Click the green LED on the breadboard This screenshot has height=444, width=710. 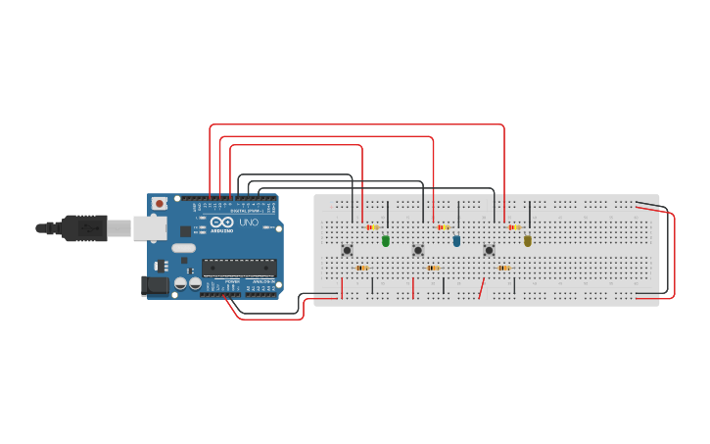coord(385,240)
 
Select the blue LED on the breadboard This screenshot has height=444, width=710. coord(456,240)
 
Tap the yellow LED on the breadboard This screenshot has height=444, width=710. coord(528,240)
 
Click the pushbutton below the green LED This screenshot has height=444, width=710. coord(347,250)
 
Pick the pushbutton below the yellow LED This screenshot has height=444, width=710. coord(490,250)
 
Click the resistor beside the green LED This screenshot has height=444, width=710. coord(371,227)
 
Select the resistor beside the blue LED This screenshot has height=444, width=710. coord(443,227)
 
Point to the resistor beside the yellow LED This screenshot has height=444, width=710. coord(514,227)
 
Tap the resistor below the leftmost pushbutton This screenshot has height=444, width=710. coord(361,268)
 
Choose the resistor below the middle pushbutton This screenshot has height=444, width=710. coord(433,268)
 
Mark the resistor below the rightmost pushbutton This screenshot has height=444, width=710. coord(503,268)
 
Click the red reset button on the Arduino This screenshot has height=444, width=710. coord(159,205)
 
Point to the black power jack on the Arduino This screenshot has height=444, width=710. coord(154,285)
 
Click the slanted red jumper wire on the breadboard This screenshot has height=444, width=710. coord(481,290)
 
